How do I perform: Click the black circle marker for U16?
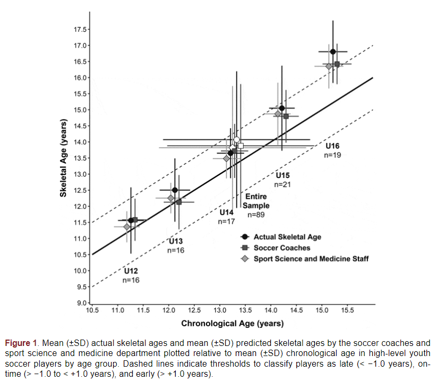pos(333,52)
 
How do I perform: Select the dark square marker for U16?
pos(337,64)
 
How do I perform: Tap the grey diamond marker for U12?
pos(126,227)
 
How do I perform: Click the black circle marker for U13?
pos(175,190)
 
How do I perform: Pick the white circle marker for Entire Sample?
pos(237,140)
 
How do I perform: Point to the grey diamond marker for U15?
pos(278,113)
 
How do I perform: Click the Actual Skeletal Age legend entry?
pos(287,237)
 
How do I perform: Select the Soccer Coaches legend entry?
pos(281,248)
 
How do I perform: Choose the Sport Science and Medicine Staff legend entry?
pos(311,259)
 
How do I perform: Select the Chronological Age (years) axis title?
pos(233,323)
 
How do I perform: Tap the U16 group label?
pos(332,146)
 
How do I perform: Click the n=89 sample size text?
pos(256,215)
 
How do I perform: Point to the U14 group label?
pos(227,212)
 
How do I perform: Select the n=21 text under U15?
pos(282,184)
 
